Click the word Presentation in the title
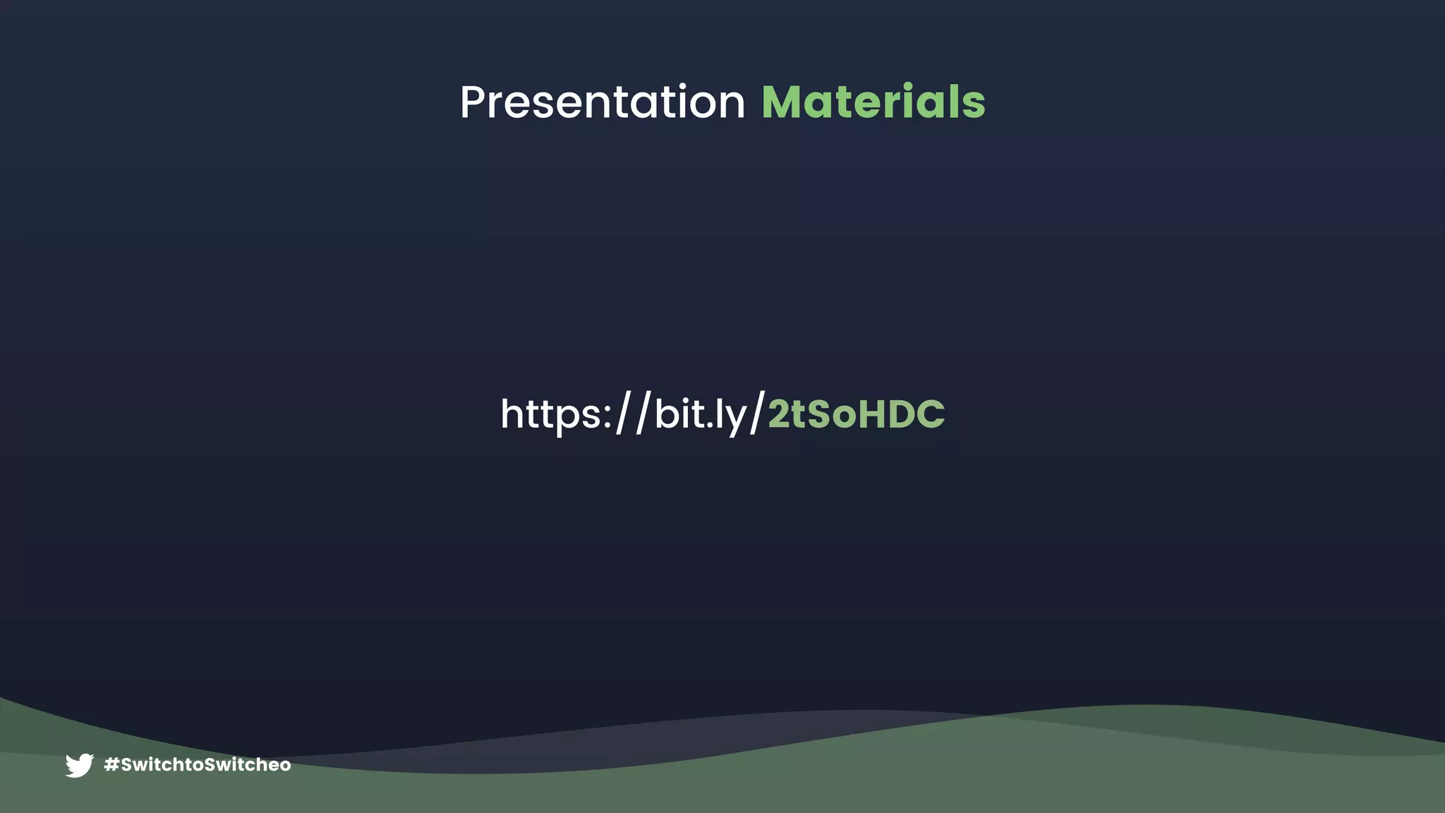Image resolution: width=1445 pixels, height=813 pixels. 602,102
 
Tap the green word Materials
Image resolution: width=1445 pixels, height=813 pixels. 873,102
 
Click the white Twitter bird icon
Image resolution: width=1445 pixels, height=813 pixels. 79,765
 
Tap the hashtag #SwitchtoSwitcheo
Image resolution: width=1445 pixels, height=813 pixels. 197,765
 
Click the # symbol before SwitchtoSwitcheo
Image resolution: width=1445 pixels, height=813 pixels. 111,765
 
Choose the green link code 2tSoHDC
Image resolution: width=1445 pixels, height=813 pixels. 856,414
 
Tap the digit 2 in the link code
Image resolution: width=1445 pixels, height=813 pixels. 779,414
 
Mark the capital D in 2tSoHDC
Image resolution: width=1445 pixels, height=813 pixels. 901,414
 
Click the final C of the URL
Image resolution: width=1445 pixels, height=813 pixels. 931,414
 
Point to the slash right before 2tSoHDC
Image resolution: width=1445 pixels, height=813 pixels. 757,414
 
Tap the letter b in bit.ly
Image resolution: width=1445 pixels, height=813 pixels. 667,414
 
